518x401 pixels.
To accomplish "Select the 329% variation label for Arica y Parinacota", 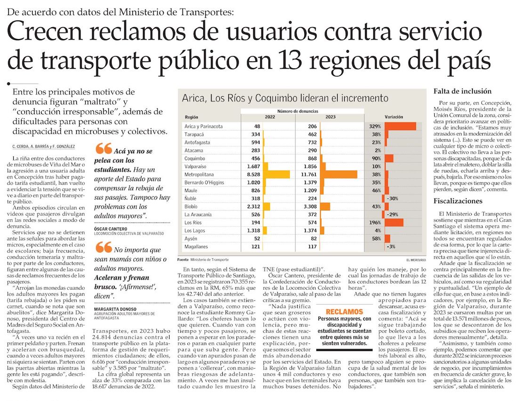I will pyautogui.click(x=375, y=126).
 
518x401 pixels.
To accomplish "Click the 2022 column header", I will pyautogui.click(x=270, y=116).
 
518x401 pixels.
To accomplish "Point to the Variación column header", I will pyautogui.click(x=394, y=116).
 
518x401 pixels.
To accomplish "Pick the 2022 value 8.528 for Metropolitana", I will pyautogui.click(x=251, y=175).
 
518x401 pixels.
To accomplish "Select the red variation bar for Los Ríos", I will pyautogui.click(x=394, y=222).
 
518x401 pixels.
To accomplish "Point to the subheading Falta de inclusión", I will pyautogui.click(x=456, y=91).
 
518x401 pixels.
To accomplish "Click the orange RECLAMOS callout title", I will pyautogui.click(x=344, y=312).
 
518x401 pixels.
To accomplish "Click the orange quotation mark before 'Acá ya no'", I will pyautogui.click(x=104, y=149).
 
